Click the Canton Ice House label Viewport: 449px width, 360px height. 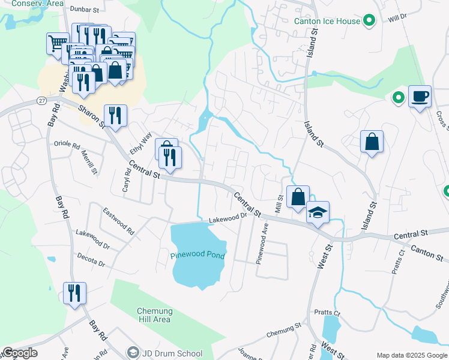point(327,21)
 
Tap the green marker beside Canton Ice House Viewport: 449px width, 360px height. point(370,21)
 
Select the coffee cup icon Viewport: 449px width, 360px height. point(420,96)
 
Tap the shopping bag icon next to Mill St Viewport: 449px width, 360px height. point(298,197)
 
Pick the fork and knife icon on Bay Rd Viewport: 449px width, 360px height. point(74,293)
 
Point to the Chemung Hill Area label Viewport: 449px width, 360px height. point(154,315)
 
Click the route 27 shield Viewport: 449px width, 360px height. point(41,100)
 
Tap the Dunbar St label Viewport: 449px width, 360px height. point(84,10)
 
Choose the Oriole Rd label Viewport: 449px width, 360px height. point(67,145)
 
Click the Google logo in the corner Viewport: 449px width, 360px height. point(20,353)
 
